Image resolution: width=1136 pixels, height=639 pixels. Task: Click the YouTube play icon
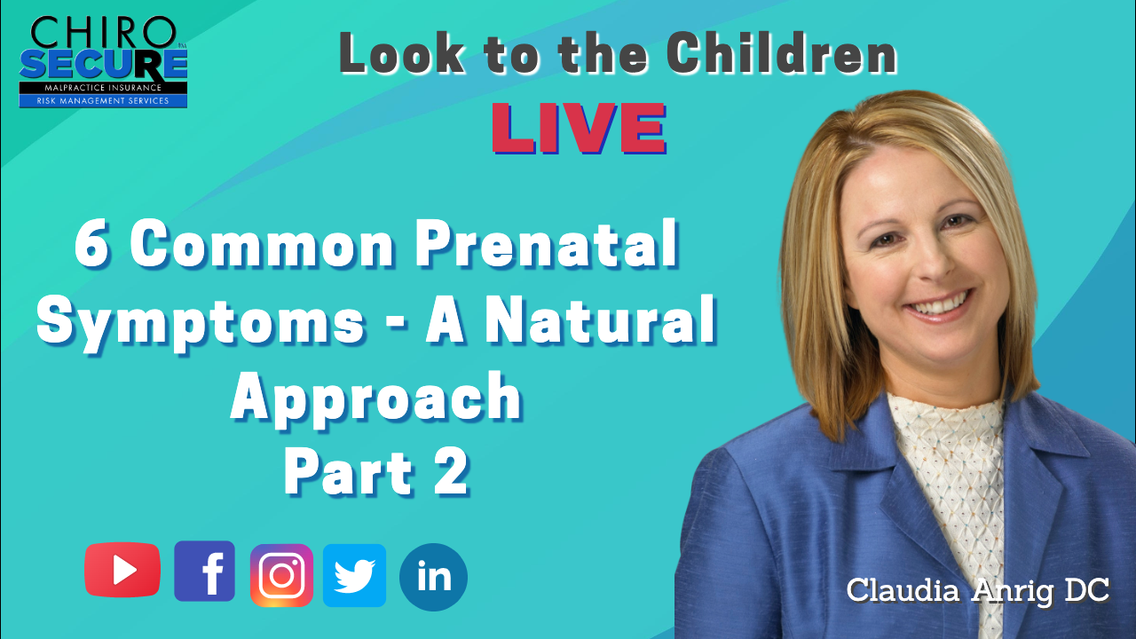(122, 570)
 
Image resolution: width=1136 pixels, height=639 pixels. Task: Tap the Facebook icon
(204, 571)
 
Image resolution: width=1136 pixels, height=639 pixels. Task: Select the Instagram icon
(281, 576)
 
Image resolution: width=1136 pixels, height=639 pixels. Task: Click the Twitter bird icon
(354, 576)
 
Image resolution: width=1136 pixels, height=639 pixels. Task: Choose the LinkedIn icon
(433, 577)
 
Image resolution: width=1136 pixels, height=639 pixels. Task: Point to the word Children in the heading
(782, 54)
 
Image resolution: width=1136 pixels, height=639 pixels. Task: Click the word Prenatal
(547, 244)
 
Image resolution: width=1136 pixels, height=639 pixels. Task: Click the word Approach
(376, 400)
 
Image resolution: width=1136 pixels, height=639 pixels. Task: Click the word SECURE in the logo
(104, 65)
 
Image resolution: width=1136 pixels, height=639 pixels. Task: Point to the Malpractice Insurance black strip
(104, 88)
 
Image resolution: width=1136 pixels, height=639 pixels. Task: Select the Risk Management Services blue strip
(104, 101)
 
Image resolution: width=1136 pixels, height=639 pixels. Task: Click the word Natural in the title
(601, 320)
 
